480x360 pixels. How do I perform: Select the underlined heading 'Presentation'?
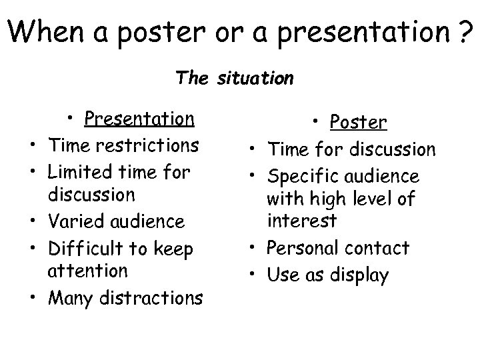click(x=139, y=119)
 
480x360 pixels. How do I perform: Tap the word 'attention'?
click(x=87, y=271)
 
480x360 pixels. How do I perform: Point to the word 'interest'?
click(x=301, y=221)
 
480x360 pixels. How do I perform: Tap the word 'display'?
click(x=363, y=275)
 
